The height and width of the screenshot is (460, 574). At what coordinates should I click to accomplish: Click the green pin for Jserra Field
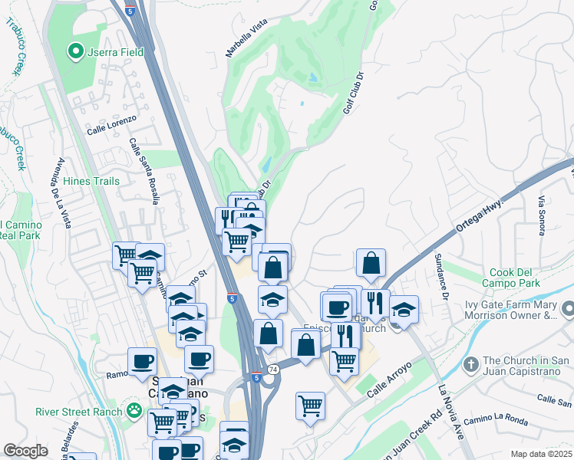tap(75, 51)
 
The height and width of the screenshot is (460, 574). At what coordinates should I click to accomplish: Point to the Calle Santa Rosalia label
tap(144, 171)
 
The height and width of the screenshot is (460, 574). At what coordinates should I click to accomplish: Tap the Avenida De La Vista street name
tap(61, 192)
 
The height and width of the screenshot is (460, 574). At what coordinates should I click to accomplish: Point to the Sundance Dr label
tap(440, 275)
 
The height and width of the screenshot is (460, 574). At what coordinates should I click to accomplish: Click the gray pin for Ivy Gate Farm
tap(567, 309)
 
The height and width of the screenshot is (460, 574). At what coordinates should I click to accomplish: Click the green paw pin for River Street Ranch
tap(135, 411)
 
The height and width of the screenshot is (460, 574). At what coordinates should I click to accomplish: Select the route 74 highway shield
tap(274, 369)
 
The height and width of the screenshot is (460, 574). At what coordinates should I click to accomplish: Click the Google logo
tap(25, 451)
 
